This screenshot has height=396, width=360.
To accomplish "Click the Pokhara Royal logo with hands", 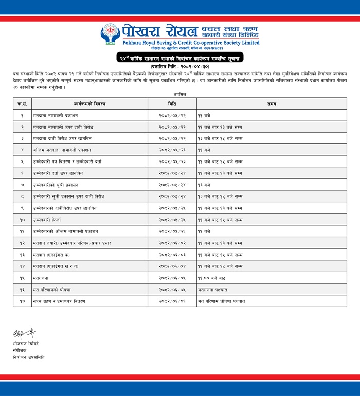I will (111, 34).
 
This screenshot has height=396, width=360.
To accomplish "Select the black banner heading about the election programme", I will (180, 58).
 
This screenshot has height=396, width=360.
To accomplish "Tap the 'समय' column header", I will (272, 104).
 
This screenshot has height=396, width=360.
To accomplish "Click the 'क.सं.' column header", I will (22, 104).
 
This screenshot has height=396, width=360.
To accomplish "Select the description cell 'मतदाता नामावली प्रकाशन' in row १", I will (53, 116).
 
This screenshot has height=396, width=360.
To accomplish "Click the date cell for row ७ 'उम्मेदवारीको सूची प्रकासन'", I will (172, 185).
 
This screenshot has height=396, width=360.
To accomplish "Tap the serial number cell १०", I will (22, 220).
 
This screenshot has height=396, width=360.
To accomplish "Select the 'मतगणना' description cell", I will (41, 278).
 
